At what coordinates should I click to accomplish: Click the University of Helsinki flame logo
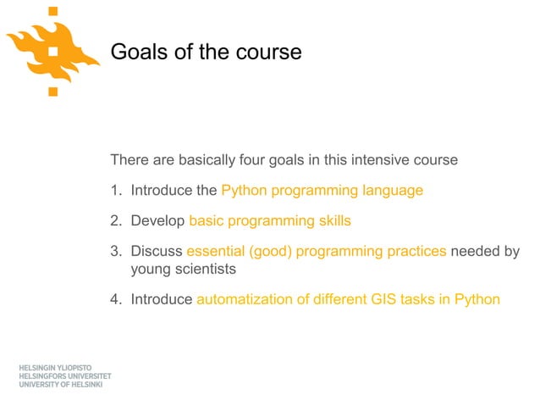point(53,49)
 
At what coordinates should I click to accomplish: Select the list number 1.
point(115,191)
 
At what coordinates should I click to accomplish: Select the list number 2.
point(115,221)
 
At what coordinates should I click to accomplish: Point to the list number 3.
point(115,252)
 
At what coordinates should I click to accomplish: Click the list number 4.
point(115,299)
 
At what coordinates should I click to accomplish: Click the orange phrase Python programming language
point(322,191)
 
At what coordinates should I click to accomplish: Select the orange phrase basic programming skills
point(269,221)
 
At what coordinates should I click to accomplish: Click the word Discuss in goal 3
point(156,252)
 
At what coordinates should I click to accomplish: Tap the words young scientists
point(182,270)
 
